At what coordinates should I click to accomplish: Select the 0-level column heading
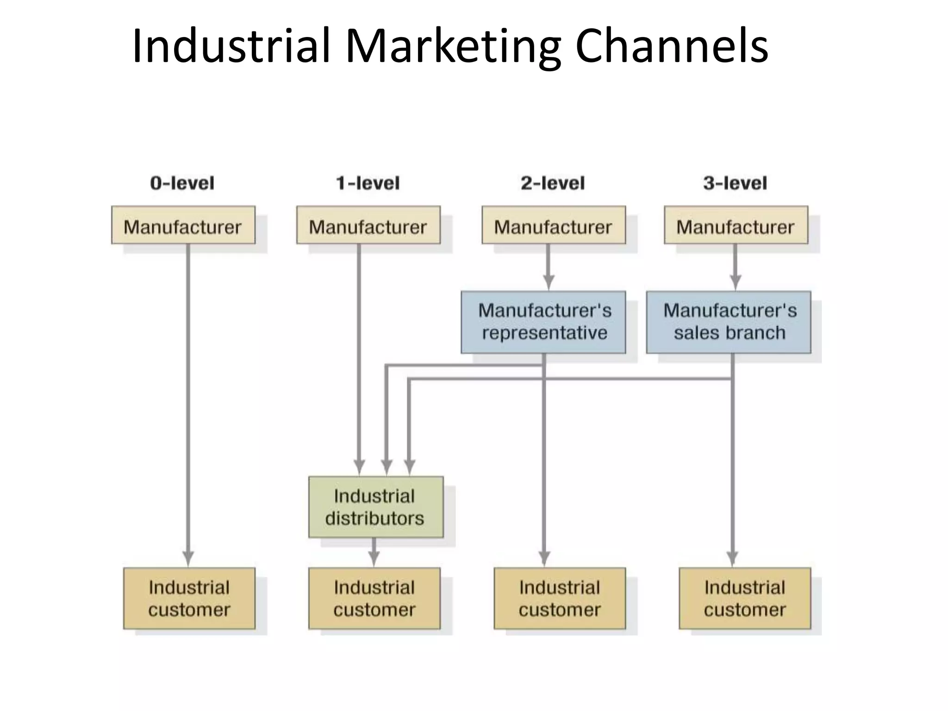[182, 183]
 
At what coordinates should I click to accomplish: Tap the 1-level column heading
[368, 183]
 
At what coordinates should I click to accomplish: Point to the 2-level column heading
[553, 183]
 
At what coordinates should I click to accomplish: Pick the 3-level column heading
[735, 183]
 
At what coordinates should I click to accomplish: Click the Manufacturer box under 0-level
[183, 225]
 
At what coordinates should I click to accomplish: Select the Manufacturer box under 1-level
[368, 225]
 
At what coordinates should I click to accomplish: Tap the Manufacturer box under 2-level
[553, 225]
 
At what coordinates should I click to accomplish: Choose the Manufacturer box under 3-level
[736, 225]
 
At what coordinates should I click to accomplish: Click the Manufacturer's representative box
[543, 322]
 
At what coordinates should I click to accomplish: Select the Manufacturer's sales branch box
[728, 322]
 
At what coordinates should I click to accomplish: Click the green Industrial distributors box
[375, 507]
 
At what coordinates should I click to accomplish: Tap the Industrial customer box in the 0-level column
[189, 599]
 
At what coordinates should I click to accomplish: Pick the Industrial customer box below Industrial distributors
[374, 599]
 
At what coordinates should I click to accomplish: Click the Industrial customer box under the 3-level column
[745, 599]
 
